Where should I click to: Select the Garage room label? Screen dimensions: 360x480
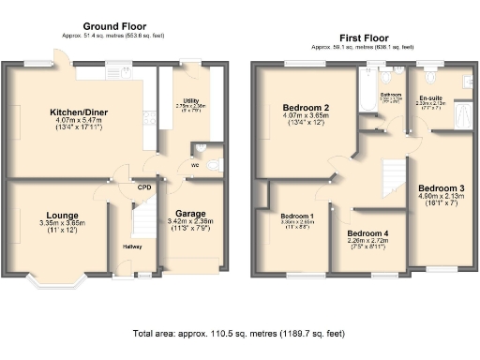[x=190, y=214]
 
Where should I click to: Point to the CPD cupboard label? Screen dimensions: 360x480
[x=144, y=186]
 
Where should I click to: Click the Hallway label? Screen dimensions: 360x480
[x=131, y=247]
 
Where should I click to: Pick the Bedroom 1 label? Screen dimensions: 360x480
[x=297, y=216]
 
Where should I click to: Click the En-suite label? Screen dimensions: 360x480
[x=430, y=97]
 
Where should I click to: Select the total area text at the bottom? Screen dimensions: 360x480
[x=239, y=333]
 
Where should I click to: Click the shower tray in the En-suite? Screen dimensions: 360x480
[x=463, y=114]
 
